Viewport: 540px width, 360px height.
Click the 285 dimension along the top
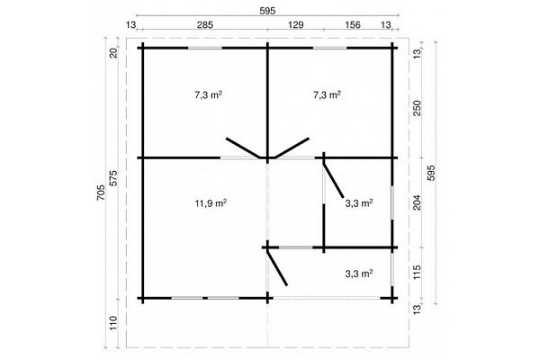[205, 25]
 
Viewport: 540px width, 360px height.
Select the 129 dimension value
[295, 25]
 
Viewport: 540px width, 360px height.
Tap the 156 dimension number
[352, 25]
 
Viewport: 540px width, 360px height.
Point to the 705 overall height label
[101, 193]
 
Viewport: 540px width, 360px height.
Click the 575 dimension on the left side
[114, 178]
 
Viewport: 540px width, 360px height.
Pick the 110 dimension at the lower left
[114, 323]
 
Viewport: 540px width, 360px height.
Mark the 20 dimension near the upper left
[114, 53]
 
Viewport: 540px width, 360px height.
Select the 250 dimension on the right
[417, 108]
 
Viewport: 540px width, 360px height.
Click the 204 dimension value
[417, 202]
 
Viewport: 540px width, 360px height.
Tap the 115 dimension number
[417, 272]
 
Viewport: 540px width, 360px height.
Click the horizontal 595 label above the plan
[267, 11]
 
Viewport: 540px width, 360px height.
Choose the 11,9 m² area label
[211, 203]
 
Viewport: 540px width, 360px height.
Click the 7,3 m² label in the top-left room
[208, 94]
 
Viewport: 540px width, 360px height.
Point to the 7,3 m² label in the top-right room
[327, 94]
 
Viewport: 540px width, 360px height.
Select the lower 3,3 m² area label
[359, 274]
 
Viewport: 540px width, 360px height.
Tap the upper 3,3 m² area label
[359, 203]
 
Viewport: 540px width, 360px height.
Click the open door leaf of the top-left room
[243, 148]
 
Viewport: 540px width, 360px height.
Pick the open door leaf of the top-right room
[292, 148]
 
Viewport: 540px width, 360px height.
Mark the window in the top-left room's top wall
[205, 48]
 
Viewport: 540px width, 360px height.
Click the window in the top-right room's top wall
[330, 48]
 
